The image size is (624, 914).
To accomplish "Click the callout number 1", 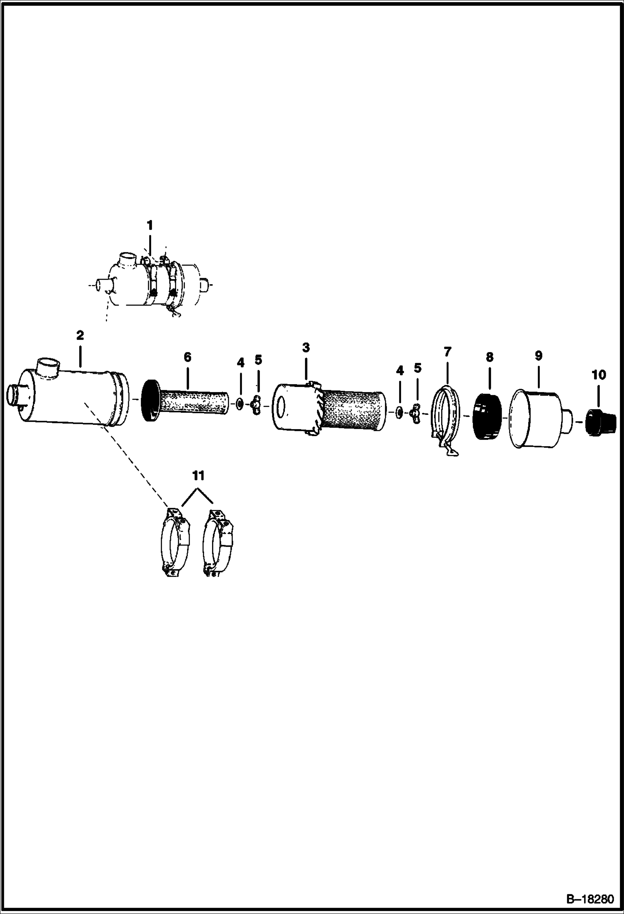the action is click(x=150, y=225).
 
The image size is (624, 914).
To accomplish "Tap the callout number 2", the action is click(x=80, y=335).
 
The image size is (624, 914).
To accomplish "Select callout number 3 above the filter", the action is click(x=306, y=347).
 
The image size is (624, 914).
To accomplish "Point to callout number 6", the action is click(x=187, y=357).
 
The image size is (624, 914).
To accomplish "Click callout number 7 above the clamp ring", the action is click(x=447, y=352).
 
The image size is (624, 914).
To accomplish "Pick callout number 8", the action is click(x=489, y=357).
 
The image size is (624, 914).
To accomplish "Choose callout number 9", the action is click(x=539, y=356).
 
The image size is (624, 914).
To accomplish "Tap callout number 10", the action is click(x=599, y=375).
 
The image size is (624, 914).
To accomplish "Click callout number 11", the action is click(x=198, y=475).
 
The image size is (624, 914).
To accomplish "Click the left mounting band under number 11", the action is click(x=175, y=542).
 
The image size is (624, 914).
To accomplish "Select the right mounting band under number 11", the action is click(x=217, y=542).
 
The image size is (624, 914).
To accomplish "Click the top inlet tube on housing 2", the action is click(x=47, y=367).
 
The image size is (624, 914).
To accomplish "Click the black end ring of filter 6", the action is click(x=150, y=400).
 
